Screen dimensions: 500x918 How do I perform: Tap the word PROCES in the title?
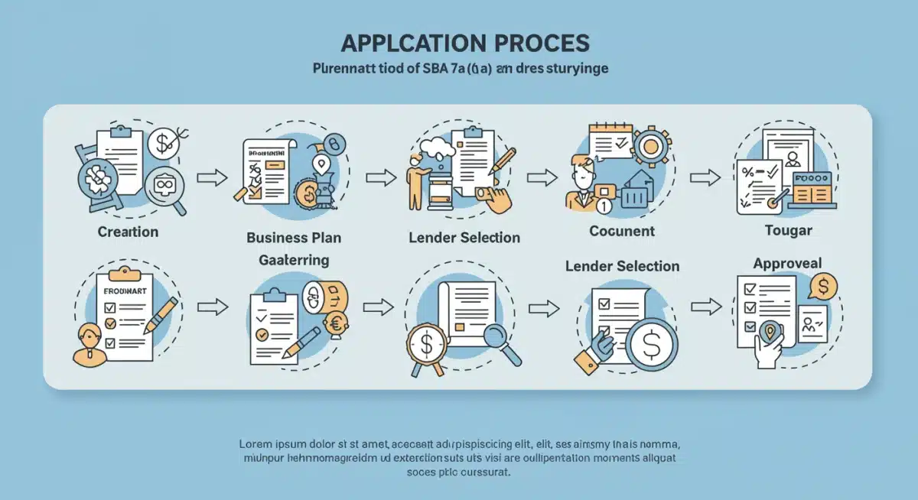click(545, 42)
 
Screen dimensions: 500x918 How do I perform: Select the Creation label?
click(128, 231)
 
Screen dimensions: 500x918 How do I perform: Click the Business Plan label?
click(294, 237)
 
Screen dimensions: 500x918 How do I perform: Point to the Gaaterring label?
click(294, 260)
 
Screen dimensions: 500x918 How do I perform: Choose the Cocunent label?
click(622, 230)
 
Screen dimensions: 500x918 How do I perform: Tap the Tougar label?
click(787, 230)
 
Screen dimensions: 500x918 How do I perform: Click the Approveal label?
click(787, 263)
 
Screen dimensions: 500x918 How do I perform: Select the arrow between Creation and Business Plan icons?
click(212, 178)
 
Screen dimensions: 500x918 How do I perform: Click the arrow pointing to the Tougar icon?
click(705, 177)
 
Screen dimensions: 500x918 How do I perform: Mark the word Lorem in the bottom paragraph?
click(257, 443)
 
